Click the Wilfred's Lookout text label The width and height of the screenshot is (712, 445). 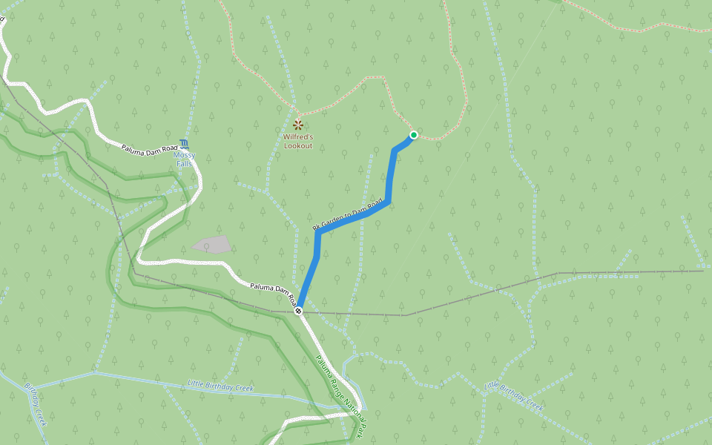(x=298, y=141)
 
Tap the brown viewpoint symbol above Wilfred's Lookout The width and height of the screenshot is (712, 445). (x=298, y=125)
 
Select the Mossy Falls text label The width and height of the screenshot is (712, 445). (x=183, y=159)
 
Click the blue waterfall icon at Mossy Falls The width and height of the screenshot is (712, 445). (x=184, y=143)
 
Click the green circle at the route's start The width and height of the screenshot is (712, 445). (x=413, y=135)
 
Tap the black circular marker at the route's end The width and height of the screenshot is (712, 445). (x=298, y=311)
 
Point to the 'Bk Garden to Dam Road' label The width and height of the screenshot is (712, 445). (x=347, y=214)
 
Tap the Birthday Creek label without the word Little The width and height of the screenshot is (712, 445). (x=36, y=404)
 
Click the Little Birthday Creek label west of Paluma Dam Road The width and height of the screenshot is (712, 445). (x=220, y=387)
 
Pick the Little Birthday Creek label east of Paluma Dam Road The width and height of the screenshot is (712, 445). (x=514, y=397)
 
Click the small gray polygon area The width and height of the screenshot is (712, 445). (x=211, y=244)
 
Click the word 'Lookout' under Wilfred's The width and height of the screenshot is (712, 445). (x=298, y=145)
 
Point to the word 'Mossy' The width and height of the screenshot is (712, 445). (x=183, y=155)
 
